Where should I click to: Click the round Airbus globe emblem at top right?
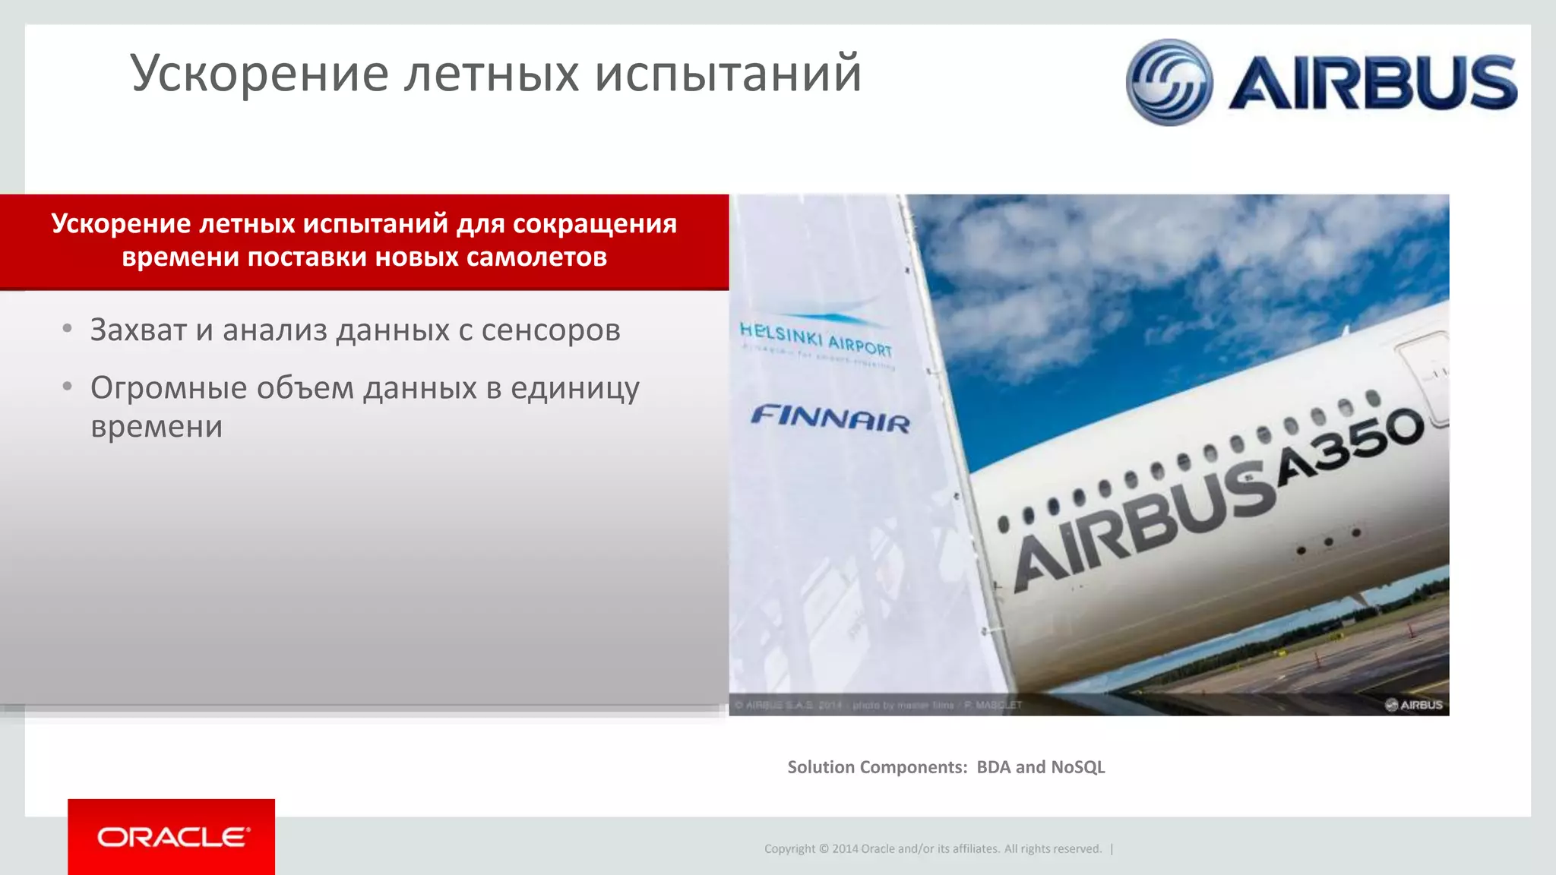(x=1169, y=82)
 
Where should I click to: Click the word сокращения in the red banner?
(x=595, y=224)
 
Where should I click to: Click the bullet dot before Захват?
(x=68, y=329)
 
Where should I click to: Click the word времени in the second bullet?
(x=157, y=427)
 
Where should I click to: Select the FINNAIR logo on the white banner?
(x=830, y=419)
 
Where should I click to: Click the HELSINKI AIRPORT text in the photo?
(x=816, y=339)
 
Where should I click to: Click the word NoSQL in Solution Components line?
(x=1077, y=767)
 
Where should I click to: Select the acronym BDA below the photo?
(x=994, y=767)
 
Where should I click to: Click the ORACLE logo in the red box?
(x=172, y=837)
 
